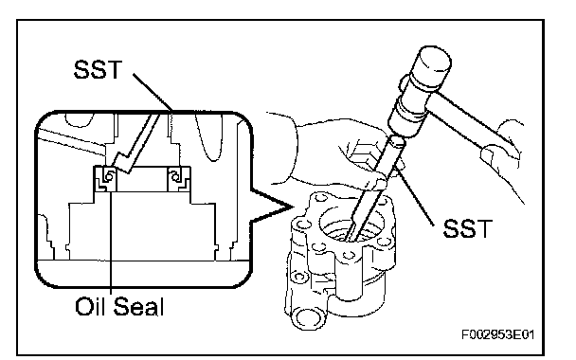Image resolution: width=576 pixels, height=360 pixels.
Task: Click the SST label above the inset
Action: [x=98, y=69]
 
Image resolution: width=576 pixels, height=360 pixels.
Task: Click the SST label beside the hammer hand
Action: [x=467, y=228]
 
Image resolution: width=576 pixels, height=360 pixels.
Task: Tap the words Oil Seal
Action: [x=119, y=306]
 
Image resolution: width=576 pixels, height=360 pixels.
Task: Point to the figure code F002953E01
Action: [x=497, y=334]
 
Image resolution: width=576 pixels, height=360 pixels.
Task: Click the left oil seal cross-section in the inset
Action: [x=106, y=178]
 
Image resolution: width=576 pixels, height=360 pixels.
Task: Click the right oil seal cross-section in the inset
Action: [x=179, y=178]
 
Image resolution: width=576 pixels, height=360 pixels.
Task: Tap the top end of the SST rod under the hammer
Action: [x=398, y=140]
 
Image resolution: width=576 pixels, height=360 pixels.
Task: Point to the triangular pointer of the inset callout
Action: [x=272, y=207]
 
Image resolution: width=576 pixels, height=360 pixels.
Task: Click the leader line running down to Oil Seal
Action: [x=111, y=243]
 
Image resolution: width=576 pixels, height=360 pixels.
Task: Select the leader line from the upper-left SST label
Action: [x=153, y=92]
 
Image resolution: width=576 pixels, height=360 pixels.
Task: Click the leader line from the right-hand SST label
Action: [x=414, y=195]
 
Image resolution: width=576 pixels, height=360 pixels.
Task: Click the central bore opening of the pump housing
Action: [x=351, y=225]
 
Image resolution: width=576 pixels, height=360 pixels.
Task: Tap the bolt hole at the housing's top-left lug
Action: [x=321, y=198]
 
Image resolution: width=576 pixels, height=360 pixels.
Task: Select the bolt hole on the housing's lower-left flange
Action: [x=300, y=277]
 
